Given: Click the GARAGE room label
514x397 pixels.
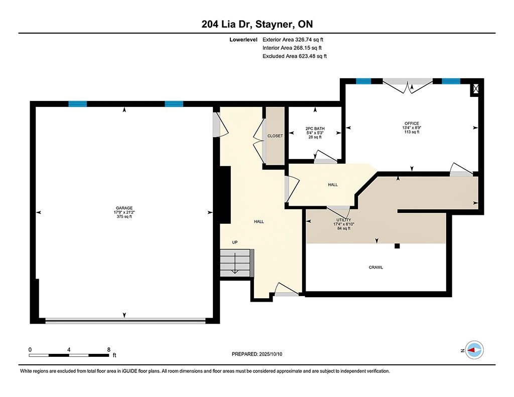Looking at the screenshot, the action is pyautogui.click(x=124, y=208).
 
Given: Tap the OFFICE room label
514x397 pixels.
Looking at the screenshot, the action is pyautogui.click(x=412, y=123).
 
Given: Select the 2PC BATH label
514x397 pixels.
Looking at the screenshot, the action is pyautogui.click(x=315, y=128).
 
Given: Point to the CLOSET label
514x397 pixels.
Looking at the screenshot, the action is pyautogui.click(x=275, y=136).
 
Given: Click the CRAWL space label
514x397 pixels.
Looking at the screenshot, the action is pyautogui.click(x=376, y=267).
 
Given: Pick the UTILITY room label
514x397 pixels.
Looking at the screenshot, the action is pyautogui.click(x=344, y=220).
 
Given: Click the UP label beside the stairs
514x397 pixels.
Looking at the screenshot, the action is pyautogui.click(x=235, y=242).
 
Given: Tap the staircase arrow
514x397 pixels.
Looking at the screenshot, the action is pyautogui.click(x=235, y=263).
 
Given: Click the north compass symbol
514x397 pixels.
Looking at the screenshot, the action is pyautogui.click(x=475, y=350).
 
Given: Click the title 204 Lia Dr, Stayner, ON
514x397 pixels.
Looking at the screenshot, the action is pyautogui.click(x=258, y=24).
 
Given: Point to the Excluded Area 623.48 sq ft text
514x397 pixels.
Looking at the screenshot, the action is pyautogui.click(x=295, y=56).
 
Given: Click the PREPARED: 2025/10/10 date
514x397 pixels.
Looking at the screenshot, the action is pyautogui.click(x=257, y=354).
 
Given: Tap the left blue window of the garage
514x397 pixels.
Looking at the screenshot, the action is pyautogui.click(x=78, y=104).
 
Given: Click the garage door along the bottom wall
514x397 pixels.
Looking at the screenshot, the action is pyautogui.click(x=125, y=321).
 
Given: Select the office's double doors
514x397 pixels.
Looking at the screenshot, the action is pyautogui.click(x=408, y=86).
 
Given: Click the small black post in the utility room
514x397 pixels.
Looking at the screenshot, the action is pyautogui.click(x=398, y=246).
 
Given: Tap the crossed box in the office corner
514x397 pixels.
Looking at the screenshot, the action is pyautogui.click(x=476, y=88).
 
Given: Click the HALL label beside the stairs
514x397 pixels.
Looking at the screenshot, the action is pyautogui.click(x=259, y=222).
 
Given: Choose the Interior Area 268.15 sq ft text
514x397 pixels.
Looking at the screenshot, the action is pyautogui.click(x=292, y=48).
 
